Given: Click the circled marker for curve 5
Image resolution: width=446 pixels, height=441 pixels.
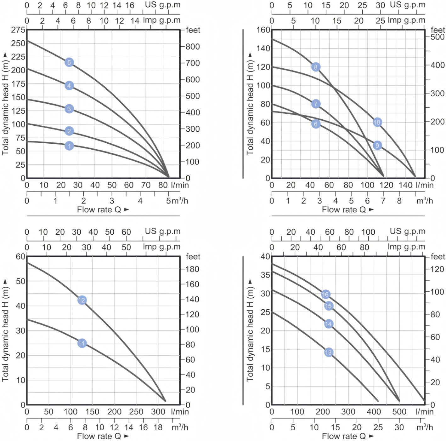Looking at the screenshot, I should (x=69, y=62).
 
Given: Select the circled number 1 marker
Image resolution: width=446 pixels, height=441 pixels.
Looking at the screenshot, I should (x=69, y=146).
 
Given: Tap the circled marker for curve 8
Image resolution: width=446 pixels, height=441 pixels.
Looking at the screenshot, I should (x=316, y=67).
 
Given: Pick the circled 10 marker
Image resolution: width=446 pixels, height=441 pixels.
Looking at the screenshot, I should (x=377, y=122).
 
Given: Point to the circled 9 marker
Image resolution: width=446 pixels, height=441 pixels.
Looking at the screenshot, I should (x=377, y=145).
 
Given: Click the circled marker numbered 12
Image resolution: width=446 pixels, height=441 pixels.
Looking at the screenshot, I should (x=82, y=300).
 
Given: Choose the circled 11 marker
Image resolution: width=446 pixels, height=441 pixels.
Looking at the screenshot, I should (x=82, y=343).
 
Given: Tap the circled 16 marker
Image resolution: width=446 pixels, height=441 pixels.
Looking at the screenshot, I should (x=325, y=295).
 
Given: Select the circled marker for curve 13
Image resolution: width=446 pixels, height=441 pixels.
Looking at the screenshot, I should (x=329, y=352).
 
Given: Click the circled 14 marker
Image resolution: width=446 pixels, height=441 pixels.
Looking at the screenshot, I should (x=329, y=324).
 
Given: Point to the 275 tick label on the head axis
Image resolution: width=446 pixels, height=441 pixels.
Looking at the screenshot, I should (x=18, y=30).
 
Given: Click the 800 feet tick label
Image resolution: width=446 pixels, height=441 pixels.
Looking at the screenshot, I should (x=193, y=47).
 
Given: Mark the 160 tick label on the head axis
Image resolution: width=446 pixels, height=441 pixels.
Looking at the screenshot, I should (x=263, y=30).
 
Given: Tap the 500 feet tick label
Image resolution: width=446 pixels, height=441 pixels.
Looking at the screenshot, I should (x=438, y=37).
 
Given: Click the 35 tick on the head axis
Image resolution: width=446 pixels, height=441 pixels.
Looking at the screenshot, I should (x=265, y=275).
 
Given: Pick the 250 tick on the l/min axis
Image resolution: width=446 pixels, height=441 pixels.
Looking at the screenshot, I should (x=136, y=412).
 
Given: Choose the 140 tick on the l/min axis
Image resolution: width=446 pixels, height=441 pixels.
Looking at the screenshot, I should (x=406, y=185).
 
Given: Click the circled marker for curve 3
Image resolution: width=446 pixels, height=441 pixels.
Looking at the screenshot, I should (x=69, y=109).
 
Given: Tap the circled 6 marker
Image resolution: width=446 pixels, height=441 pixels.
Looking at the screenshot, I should (x=316, y=124).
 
